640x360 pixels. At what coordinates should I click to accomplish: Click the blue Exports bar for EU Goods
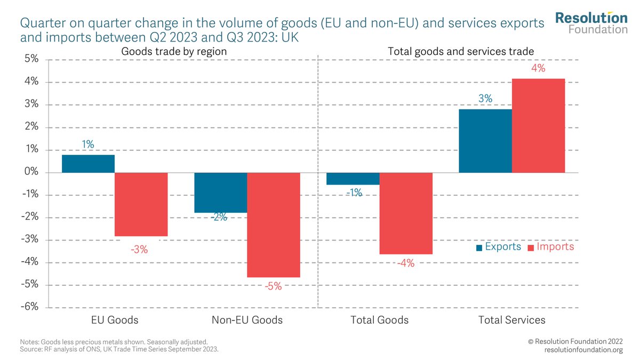point(88,164)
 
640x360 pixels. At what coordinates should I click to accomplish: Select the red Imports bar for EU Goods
point(141,204)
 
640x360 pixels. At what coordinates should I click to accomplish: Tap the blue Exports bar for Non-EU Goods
point(220,193)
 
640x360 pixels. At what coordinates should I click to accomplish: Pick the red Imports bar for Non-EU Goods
point(274,225)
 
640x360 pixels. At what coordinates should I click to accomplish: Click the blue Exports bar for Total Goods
point(353,179)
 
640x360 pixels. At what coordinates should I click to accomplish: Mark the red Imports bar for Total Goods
point(406,213)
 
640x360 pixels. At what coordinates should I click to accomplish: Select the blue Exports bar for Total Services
point(485,141)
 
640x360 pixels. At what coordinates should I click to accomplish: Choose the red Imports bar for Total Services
point(538,126)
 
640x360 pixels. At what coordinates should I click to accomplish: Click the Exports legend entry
point(499,247)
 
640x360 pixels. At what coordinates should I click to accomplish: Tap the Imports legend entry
point(551,247)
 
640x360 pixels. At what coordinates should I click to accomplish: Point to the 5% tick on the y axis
point(30,59)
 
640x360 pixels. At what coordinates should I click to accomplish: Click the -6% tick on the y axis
point(29,307)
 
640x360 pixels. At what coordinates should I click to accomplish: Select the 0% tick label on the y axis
point(30,172)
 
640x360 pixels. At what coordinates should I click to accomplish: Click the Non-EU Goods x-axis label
point(247,320)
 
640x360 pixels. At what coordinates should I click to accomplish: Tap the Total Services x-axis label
point(511,320)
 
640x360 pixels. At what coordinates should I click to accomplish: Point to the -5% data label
point(273,286)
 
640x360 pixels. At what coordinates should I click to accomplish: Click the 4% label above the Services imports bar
point(538,69)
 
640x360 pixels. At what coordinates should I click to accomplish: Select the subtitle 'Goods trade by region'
point(174,52)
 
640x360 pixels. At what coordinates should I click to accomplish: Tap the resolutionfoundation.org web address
point(583,349)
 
